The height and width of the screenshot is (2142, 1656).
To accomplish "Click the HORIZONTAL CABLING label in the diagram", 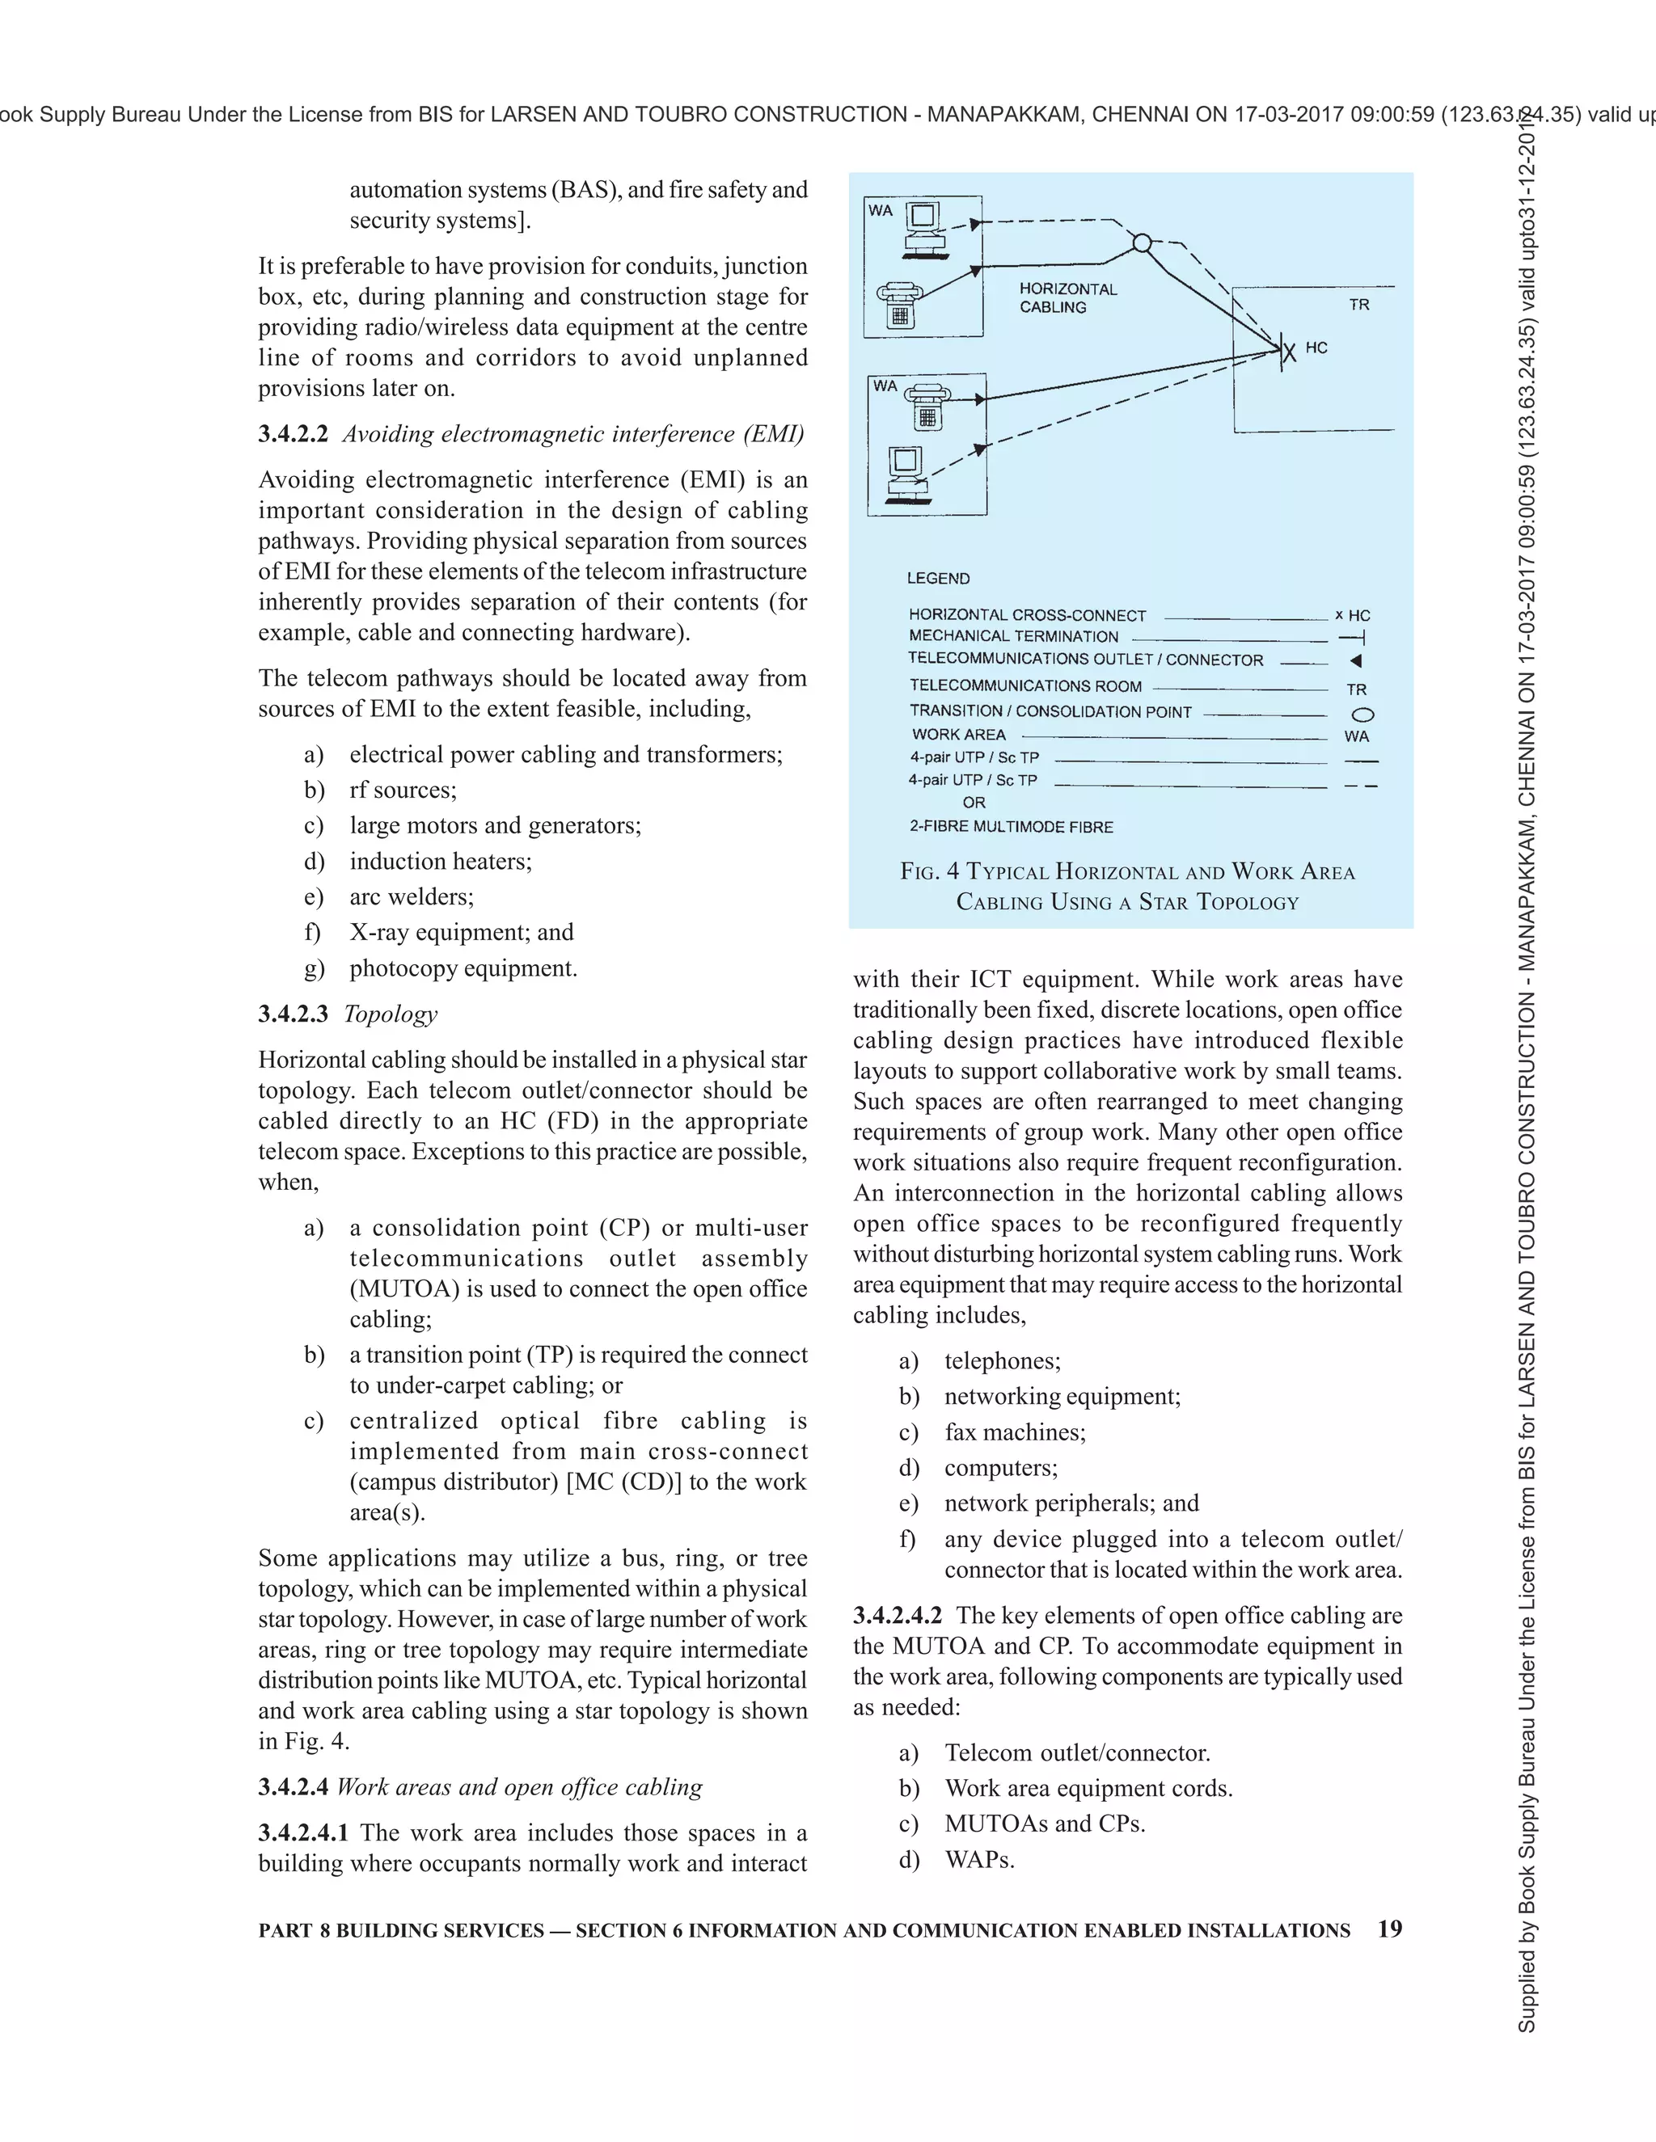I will (1067, 298).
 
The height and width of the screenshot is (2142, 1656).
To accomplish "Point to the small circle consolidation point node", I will (1141, 243).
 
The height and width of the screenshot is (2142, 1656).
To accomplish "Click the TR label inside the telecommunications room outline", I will (1358, 305).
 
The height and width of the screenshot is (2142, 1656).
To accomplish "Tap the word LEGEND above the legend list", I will (938, 579).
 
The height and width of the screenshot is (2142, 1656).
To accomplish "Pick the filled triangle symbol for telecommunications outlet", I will (1356, 661).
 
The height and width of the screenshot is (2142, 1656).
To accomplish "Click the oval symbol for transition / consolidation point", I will (1362, 715).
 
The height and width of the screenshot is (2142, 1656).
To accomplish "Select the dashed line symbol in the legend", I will (1361, 786).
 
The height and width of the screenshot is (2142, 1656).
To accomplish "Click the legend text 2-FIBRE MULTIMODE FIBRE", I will (1011, 827).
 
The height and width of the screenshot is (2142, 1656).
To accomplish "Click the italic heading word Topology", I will (391, 1014).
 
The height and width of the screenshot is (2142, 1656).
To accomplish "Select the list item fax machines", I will (1015, 1432).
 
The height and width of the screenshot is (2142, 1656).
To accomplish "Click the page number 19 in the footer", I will (1389, 1929).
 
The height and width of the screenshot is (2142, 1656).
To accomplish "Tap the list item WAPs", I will (978, 1860).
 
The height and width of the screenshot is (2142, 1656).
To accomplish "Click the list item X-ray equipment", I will (461, 933).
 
